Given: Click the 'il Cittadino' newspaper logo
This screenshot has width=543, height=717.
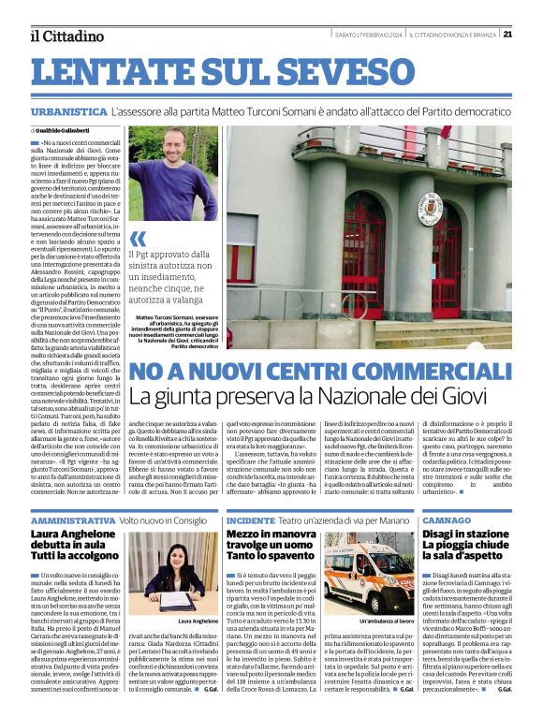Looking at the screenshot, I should pos(66,36).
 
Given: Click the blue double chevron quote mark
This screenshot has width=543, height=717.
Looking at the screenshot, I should pos(139,238).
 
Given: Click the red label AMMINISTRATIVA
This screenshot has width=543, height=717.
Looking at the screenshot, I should pos(73,519).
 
